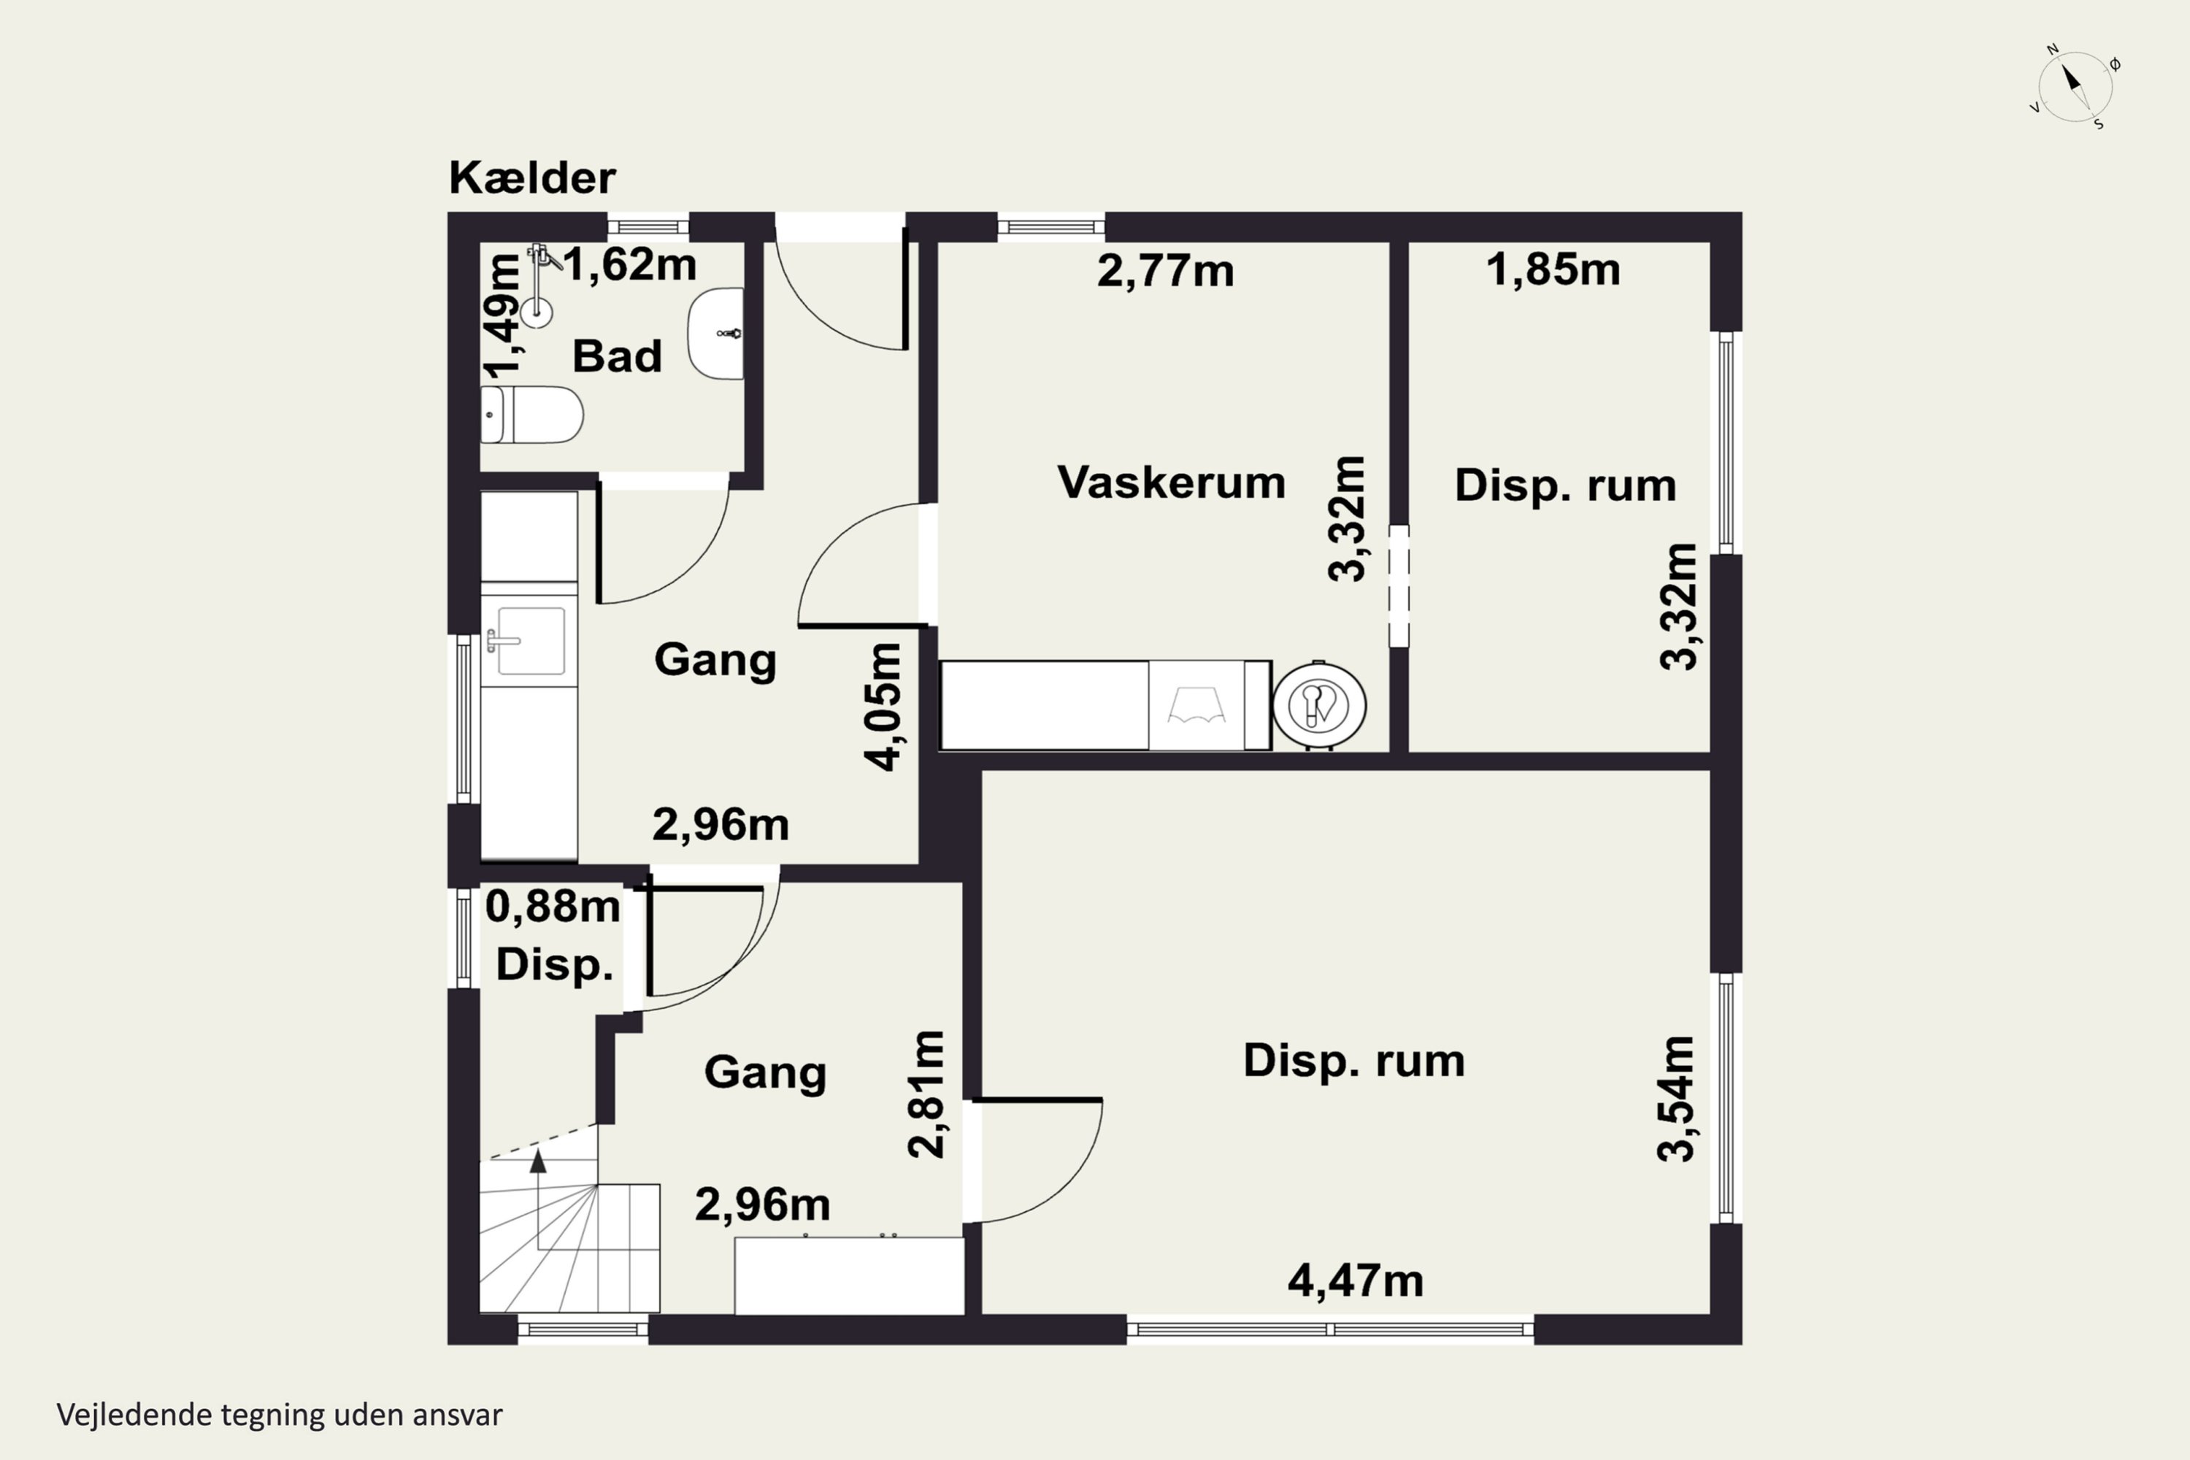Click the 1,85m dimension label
(x=1552, y=270)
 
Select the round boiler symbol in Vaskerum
(x=1318, y=705)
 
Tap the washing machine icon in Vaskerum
(x=1196, y=705)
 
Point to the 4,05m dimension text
(x=883, y=707)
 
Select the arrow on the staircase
(x=537, y=1161)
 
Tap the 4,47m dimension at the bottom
(x=1355, y=1281)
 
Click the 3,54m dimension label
(x=1676, y=1099)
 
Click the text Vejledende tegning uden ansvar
(x=280, y=1415)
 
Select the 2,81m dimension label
(x=926, y=1094)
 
